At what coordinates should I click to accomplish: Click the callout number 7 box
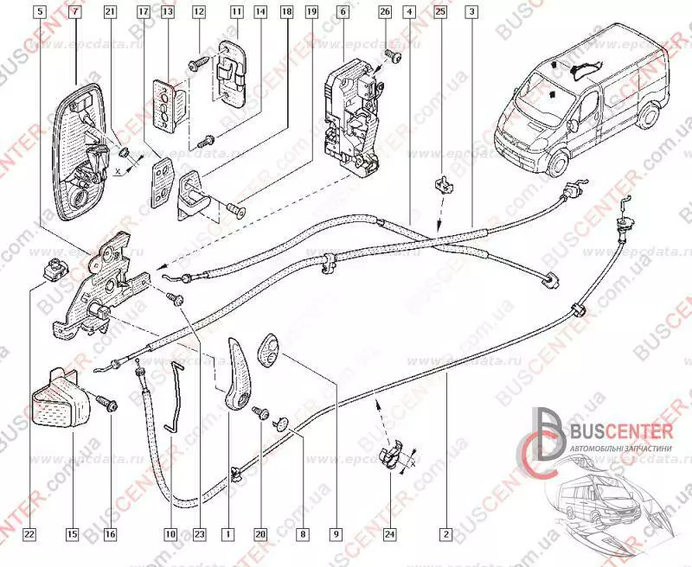(x=74, y=12)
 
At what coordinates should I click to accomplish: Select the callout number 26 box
(x=385, y=12)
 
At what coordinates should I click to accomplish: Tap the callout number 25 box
(x=440, y=12)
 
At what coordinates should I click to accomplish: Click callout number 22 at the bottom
(x=29, y=534)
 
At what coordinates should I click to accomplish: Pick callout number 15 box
(x=74, y=534)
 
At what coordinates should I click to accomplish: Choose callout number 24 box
(x=389, y=534)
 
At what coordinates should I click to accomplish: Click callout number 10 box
(x=170, y=534)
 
